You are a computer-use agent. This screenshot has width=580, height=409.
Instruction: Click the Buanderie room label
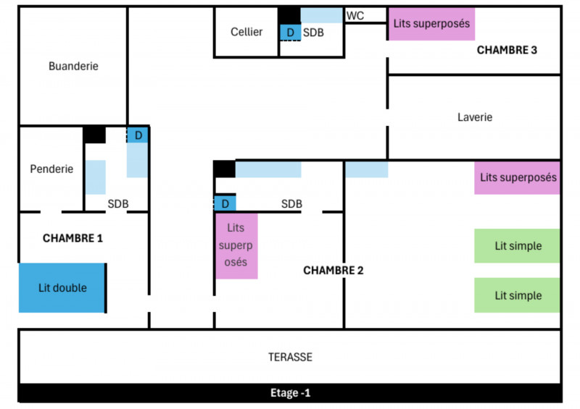point(73,66)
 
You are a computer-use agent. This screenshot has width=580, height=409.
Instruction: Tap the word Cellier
point(246,32)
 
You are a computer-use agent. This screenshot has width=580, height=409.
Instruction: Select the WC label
point(355,15)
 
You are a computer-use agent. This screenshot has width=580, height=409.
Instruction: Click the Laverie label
point(475,117)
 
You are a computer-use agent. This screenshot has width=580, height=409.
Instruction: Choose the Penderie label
point(51,169)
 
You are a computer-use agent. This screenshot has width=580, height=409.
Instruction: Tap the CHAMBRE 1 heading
point(72,237)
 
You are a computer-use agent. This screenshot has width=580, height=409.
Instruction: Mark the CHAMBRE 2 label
point(333,270)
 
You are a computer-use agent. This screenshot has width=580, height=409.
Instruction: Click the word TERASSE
point(290,357)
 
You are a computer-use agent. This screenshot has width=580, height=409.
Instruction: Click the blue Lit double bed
point(62,287)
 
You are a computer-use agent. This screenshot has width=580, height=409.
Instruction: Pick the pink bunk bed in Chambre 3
point(431,24)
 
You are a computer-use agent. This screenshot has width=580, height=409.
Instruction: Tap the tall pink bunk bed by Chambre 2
point(236,245)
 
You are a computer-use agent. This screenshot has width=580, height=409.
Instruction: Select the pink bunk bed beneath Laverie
point(518,177)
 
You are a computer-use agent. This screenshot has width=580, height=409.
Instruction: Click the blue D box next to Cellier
point(290,33)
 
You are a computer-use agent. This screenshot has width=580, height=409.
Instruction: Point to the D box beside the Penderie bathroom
point(138,135)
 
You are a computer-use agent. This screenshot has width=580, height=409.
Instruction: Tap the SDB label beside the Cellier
point(313,33)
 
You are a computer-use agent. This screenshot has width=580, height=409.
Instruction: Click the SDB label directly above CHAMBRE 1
point(118,204)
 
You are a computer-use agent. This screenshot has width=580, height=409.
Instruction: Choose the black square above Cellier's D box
point(290,15)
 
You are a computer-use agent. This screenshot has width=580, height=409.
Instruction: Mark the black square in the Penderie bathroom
point(94,135)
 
